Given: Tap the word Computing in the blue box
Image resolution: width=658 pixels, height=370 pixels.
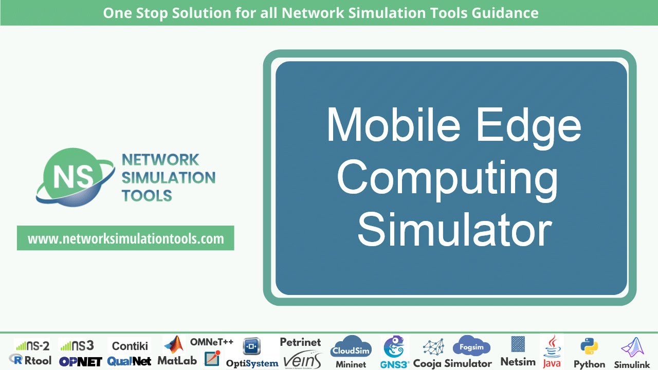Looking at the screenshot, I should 447,178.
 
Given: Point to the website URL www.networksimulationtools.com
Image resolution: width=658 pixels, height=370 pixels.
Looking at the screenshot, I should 125,238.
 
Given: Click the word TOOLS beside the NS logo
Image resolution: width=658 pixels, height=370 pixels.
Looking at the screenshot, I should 147,195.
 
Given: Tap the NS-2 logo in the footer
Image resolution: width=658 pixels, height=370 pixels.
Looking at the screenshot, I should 32,345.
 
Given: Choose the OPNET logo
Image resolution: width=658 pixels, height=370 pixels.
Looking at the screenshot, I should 80,361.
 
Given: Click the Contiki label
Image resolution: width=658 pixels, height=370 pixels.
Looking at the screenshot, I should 130,345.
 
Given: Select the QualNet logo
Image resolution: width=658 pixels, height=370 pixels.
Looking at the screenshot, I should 130,361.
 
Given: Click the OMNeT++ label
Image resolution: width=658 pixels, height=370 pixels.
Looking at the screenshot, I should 212,342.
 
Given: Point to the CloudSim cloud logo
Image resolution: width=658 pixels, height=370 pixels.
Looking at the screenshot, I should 351,347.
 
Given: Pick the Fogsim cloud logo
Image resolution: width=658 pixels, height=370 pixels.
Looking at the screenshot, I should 471,346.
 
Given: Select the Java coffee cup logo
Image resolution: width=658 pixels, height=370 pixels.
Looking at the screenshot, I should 552,345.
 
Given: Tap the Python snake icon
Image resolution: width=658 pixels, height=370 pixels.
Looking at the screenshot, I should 589,346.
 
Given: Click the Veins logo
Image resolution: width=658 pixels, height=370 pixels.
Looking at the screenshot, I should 302,359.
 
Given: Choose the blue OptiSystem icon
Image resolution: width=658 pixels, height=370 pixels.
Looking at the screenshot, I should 252,346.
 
